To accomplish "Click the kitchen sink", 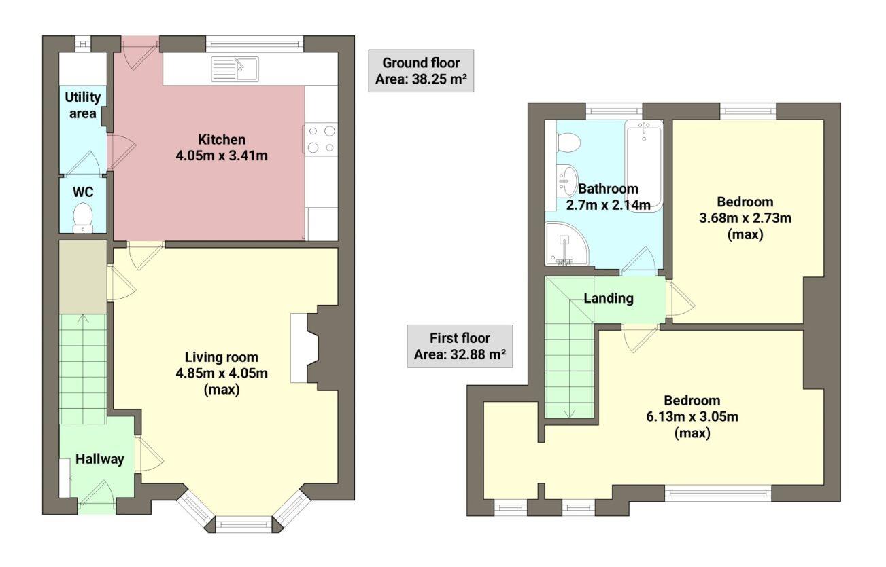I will pyautogui.click(x=234, y=69).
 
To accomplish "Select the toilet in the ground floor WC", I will pyautogui.click(x=83, y=217).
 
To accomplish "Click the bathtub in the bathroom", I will pyautogui.click(x=643, y=164).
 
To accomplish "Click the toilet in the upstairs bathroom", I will pyautogui.click(x=567, y=143).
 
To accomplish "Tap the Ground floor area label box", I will pyautogui.click(x=421, y=72).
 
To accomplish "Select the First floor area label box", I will pyautogui.click(x=460, y=346).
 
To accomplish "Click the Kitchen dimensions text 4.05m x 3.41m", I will pyautogui.click(x=221, y=156).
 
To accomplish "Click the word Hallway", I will pyautogui.click(x=100, y=459).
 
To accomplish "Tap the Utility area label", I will pyautogui.click(x=82, y=105).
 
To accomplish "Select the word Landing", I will pyautogui.click(x=609, y=298).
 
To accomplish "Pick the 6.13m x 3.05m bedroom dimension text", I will pyautogui.click(x=692, y=417).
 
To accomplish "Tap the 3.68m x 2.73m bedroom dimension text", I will pyautogui.click(x=745, y=218).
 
